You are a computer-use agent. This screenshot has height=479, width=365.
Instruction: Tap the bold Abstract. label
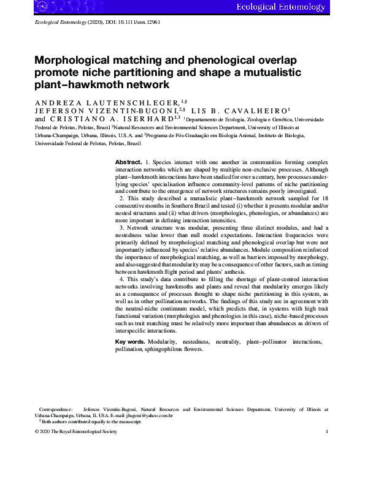tap(129, 161)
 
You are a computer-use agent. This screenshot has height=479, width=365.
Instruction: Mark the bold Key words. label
tap(130, 341)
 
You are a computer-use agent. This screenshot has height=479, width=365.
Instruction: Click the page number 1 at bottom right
tap(328, 432)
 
